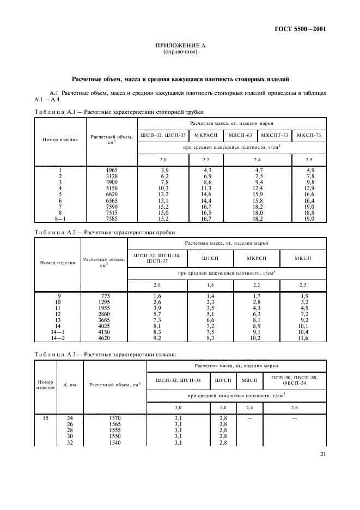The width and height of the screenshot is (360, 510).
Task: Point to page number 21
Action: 322,454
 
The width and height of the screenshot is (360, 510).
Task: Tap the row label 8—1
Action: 60,218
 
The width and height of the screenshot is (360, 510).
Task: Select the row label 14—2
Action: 58,338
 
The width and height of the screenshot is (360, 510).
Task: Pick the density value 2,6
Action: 294,407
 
